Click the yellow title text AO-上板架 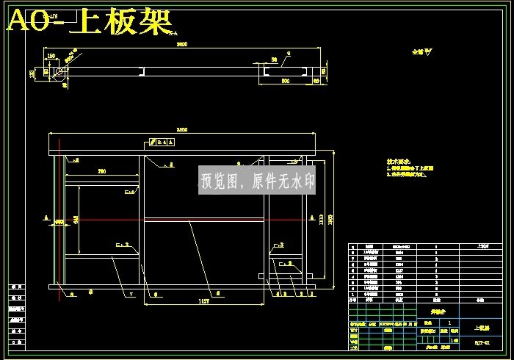(x=88, y=21)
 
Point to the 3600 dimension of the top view (x=181, y=45)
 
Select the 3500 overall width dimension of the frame (x=182, y=130)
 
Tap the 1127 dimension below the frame (x=204, y=301)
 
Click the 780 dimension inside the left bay (x=102, y=171)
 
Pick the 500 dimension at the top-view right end (x=285, y=81)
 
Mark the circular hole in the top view (x=57, y=72)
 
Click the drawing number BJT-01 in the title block (x=481, y=342)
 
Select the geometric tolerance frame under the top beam (x=161, y=142)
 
